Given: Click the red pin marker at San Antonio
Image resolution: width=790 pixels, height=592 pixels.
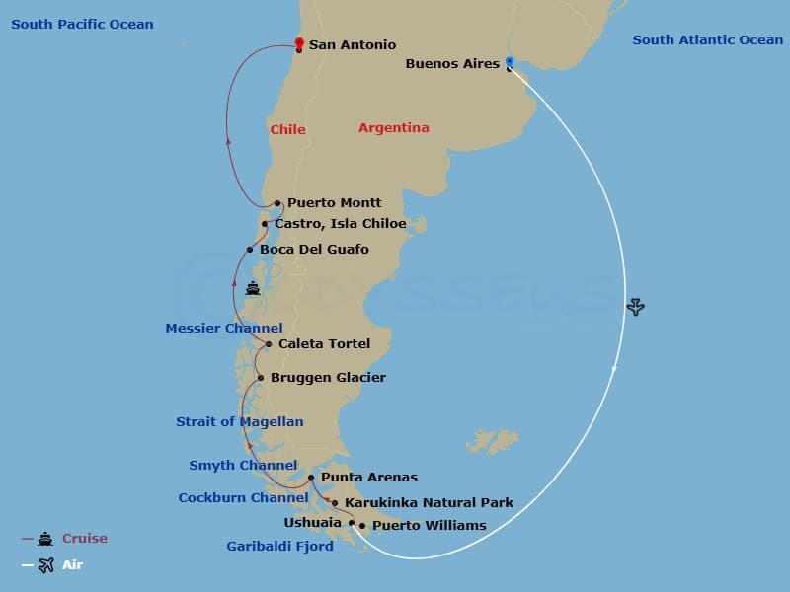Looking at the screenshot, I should [x=299, y=43].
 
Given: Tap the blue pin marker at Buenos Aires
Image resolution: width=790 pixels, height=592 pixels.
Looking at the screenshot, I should [x=510, y=62].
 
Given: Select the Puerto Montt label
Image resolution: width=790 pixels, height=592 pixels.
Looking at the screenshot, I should [x=334, y=203].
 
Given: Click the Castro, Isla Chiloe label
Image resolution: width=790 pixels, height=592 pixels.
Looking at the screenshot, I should [x=340, y=224].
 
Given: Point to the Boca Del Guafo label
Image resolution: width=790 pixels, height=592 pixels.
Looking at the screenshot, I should [x=314, y=250].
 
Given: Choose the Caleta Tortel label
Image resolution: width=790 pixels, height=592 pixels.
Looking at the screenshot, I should [x=324, y=344].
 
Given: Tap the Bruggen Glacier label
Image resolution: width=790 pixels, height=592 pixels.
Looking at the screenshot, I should [x=328, y=378].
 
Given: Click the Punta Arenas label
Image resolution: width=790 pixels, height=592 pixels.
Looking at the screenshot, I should [x=368, y=478].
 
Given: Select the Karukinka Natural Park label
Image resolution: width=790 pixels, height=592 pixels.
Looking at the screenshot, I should [x=429, y=503].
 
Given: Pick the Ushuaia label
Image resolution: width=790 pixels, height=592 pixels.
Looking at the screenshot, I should [x=313, y=523].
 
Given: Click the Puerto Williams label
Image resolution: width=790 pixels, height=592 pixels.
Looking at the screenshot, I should [x=429, y=526].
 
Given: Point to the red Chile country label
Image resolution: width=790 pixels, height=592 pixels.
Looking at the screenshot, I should [x=287, y=130].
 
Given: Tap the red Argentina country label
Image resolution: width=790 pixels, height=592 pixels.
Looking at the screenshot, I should [x=393, y=128].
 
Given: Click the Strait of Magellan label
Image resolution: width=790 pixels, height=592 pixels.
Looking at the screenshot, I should [x=239, y=422].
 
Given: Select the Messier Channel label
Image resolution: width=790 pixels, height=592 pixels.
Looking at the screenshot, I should [x=223, y=329].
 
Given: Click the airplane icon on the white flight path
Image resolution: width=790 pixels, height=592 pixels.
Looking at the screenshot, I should [x=635, y=307].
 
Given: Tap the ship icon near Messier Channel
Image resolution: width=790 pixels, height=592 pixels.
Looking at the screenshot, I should [x=253, y=289].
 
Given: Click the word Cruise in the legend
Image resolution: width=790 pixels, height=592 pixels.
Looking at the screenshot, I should [x=84, y=539].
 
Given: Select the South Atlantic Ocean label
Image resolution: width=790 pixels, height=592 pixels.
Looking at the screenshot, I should [x=707, y=40].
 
